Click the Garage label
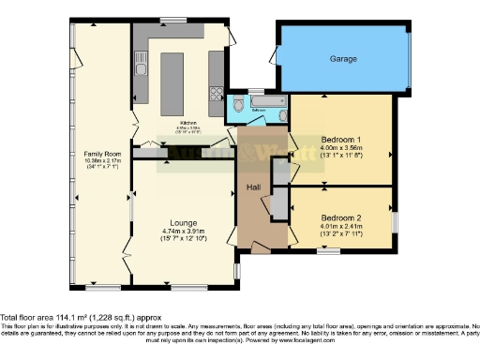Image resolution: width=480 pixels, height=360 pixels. coord(343,58)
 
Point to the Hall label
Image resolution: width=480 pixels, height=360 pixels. coord(253,187)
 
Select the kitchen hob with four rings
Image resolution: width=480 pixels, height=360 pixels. coord(217,92)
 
